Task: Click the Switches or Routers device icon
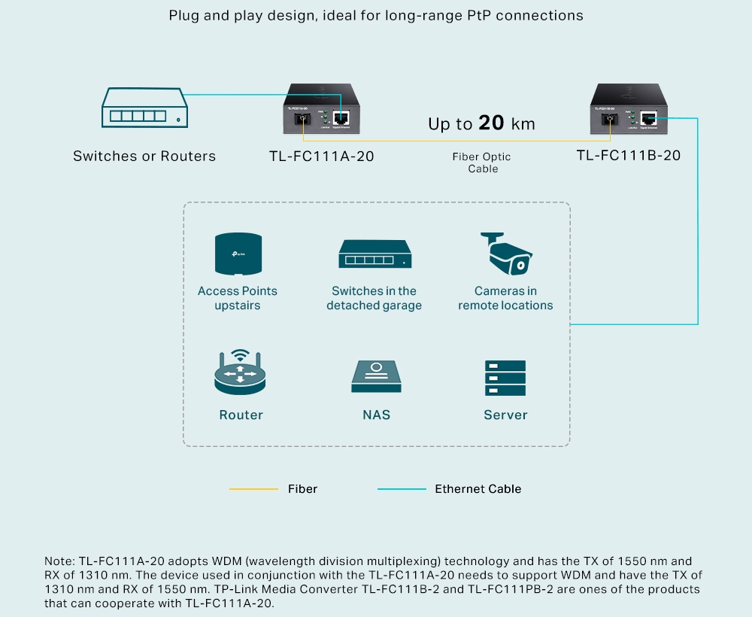coord(146,108)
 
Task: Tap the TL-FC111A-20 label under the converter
coord(321,157)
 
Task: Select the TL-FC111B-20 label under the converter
coord(628,156)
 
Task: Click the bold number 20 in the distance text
coord(491,123)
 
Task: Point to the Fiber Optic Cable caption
coord(481,163)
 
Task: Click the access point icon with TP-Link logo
coord(238,254)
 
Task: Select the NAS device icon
coord(376,376)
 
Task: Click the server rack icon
coord(505,378)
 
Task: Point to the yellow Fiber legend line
coord(253,489)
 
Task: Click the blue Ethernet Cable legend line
coord(402,489)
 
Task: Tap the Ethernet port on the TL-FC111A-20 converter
coord(341,119)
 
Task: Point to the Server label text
coord(505,415)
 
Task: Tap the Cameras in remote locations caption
coord(505,298)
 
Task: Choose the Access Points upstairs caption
coord(238,298)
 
